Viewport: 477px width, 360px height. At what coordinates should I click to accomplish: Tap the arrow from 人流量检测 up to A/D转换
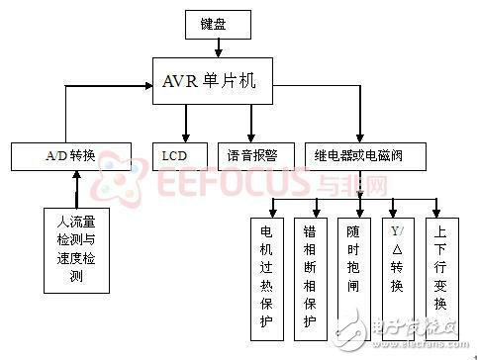tap(77, 188)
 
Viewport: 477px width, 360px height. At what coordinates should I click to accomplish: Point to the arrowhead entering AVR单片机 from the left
tap(144, 89)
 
